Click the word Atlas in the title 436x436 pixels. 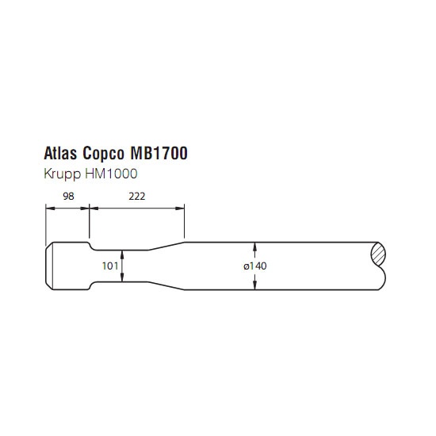[60, 153]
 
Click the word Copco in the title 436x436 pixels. [103, 154]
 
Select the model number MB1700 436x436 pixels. [159, 153]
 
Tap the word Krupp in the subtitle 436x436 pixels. [63, 174]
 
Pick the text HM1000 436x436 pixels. [111, 174]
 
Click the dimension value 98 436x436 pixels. [68, 197]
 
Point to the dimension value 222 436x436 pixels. [137, 197]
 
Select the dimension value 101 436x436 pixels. [110, 266]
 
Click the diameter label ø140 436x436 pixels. [255, 266]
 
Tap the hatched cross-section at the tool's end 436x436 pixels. [378, 254]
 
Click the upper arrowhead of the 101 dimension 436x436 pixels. [122, 254]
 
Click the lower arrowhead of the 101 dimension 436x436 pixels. [122, 278]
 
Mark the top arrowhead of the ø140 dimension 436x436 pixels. [255, 246]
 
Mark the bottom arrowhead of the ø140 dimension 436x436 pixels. [255, 286]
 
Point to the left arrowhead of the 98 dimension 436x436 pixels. [50, 208]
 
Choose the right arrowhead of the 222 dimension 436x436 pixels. [180, 208]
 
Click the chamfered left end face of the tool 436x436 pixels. [49, 266]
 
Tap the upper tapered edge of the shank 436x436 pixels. [166, 246]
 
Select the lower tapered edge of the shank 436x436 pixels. [166, 286]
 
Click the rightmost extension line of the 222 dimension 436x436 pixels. [185, 221]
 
